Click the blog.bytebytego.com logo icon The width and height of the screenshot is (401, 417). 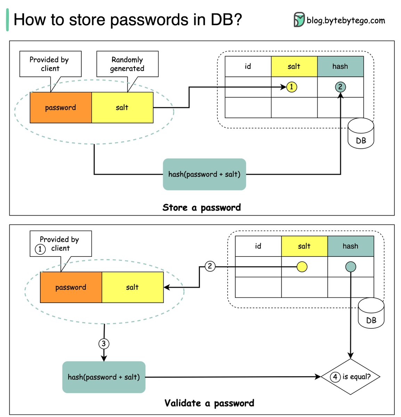coord(299,20)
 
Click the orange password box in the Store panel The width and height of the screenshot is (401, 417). coord(61,107)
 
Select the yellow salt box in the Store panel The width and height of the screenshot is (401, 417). coord(122,107)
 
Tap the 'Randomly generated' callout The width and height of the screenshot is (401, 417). coord(127,64)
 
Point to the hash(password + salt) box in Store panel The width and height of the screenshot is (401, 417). coord(204,174)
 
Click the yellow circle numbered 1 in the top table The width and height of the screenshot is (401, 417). coord(292,87)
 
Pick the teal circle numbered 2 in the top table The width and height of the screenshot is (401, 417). coord(340,87)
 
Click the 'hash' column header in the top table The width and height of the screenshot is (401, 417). coord(340,66)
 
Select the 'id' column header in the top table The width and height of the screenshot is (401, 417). coord(248,66)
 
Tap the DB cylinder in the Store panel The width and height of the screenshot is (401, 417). coord(361,136)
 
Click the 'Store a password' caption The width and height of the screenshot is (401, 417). coord(202,207)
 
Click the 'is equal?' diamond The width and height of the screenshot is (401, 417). coord(350,377)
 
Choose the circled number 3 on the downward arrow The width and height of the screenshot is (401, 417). coord(104,344)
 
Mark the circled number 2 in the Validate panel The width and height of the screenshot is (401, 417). coord(210,266)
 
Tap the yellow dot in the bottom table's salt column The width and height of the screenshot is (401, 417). coord(302,267)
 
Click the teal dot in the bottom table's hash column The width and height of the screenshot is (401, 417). coord(351,267)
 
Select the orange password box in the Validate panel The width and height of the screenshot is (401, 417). coord(71,287)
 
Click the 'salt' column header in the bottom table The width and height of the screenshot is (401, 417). coord(304,246)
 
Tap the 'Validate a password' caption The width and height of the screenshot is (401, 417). coord(209,403)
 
